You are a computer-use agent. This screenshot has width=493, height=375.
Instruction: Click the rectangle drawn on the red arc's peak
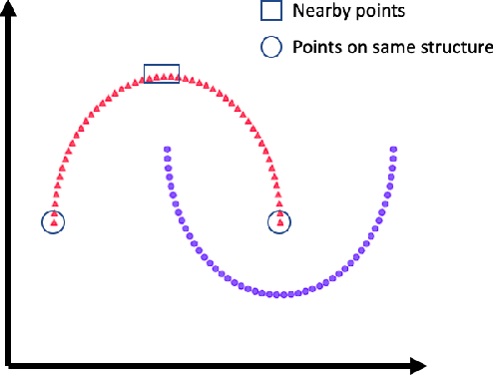click(x=162, y=73)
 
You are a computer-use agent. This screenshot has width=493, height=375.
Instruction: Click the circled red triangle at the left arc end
click(x=53, y=220)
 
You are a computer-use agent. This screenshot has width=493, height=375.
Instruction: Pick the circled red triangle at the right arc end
click(x=280, y=220)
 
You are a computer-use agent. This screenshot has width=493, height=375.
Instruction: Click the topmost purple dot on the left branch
click(x=166, y=151)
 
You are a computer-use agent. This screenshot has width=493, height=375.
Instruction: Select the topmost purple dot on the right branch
click(x=394, y=151)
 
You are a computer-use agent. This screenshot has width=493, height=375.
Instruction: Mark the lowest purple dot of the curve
click(x=284, y=294)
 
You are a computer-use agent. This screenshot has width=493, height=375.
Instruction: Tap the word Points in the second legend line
click(x=313, y=46)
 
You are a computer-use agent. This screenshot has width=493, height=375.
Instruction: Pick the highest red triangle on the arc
click(x=165, y=75)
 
